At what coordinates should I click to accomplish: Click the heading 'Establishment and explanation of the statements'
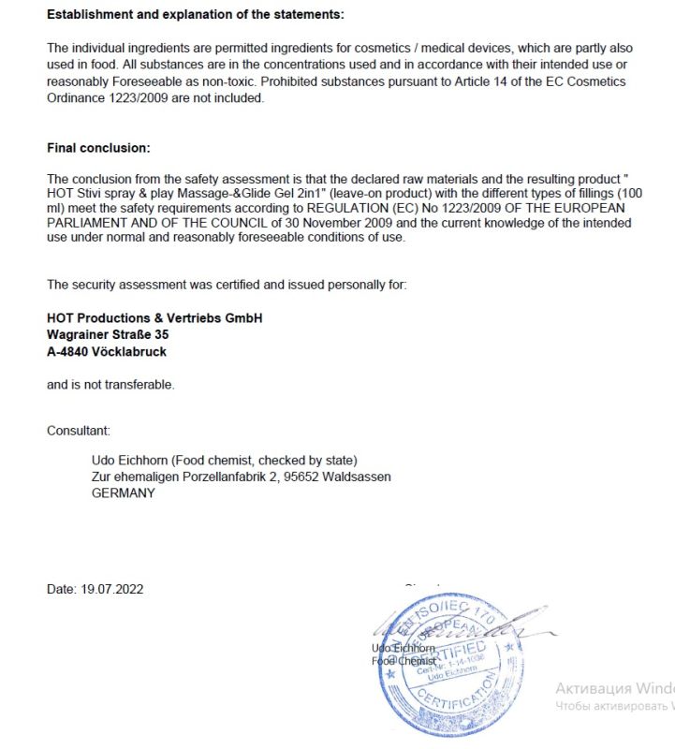pos(195,14)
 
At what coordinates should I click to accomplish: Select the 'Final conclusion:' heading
pos(98,148)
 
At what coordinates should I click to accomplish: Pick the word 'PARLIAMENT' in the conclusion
pos(88,223)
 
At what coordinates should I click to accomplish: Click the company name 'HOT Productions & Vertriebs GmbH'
pos(154,318)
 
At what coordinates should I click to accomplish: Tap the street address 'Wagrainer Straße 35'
pos(108,333)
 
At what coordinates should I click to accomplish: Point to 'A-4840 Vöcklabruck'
pos(107,352)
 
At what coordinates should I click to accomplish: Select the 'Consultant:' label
pos(79,431)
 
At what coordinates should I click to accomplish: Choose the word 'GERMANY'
pos(123,492)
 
